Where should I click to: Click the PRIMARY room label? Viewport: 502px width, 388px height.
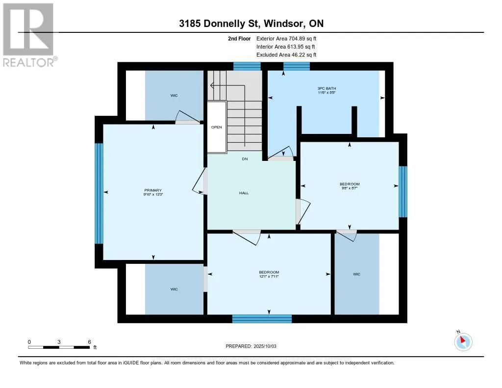153,190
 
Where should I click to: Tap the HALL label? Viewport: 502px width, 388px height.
244,193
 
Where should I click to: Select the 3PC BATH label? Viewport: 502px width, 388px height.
326,88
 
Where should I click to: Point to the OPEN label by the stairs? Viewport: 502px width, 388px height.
216,127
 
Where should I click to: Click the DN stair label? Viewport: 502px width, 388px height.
245,159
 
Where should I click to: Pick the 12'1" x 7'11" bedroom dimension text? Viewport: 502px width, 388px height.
269,276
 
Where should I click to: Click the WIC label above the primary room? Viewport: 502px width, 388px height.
174,96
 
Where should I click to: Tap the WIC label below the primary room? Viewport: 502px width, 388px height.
174,289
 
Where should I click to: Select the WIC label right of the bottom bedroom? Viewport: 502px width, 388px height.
357,274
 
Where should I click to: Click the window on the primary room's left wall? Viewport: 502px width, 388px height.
99,193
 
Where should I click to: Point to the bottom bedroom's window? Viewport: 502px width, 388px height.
262,319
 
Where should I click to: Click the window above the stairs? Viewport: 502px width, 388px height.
247,66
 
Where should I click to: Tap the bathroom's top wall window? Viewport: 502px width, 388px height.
297,66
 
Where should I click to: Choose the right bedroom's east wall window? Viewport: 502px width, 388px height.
403,192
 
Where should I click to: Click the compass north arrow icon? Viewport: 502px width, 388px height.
463,341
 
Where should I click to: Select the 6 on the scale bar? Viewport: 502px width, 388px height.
90,342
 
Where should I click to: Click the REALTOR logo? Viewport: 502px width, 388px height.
29,35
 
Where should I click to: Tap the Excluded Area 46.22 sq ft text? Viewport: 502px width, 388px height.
286,55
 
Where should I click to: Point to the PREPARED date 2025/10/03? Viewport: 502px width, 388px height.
265,346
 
